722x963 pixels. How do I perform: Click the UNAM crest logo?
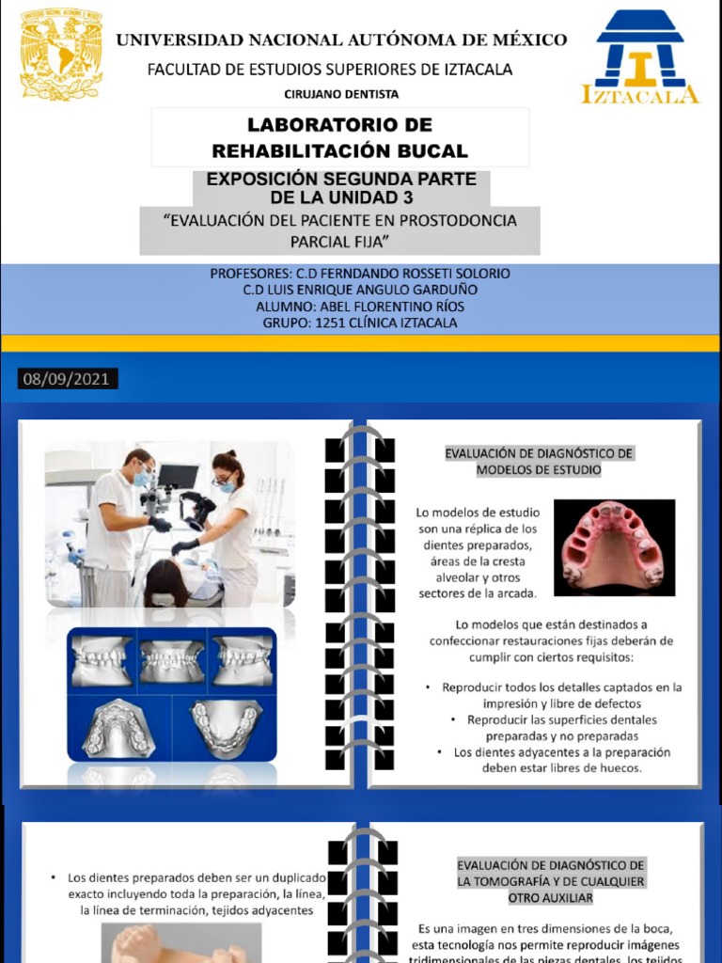pos(61,54)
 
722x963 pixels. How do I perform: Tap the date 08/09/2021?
pos(67,379)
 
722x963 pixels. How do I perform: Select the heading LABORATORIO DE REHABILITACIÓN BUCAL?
pos(339,137)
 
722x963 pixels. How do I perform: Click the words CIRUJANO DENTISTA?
pos(341,94)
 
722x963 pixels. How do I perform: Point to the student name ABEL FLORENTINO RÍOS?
pos(360,307)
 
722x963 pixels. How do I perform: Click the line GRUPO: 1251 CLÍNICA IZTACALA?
pos(360,323)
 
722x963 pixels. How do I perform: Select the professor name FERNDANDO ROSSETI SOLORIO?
pos(416,274)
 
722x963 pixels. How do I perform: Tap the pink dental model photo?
pos(614,547)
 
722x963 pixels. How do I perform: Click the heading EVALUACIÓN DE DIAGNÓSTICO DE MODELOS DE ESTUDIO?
pos(539,461)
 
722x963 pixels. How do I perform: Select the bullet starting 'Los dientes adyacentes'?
pos(561,760)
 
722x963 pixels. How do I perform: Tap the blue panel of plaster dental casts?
pos(172,695)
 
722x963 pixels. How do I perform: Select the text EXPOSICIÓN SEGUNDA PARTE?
pos(341,179)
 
